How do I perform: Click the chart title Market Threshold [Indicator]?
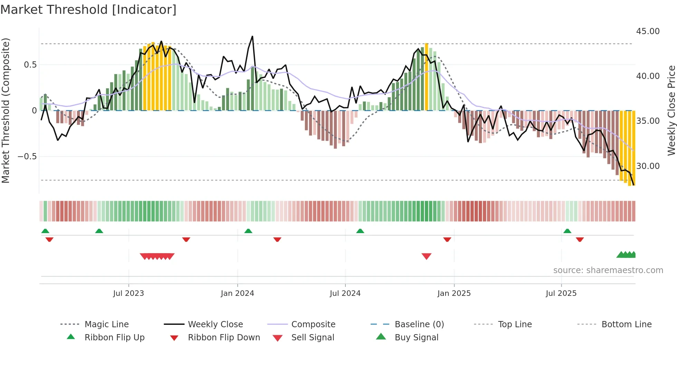point(88,10)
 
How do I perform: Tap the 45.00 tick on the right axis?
point(648,31)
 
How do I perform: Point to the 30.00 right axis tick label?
point(648,166)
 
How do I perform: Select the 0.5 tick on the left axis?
point(30,65)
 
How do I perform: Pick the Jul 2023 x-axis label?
point(128,293)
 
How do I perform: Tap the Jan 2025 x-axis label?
point(454,293)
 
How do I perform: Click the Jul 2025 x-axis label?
point(561,293)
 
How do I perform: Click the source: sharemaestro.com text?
point(608,270)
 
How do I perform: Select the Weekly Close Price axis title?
point(671,110)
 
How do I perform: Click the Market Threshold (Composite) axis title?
point(6,110)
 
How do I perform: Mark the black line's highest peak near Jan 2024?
point(252,37)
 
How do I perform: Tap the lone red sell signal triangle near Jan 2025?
point(427,256)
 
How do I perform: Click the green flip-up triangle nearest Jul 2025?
point(567,231)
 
